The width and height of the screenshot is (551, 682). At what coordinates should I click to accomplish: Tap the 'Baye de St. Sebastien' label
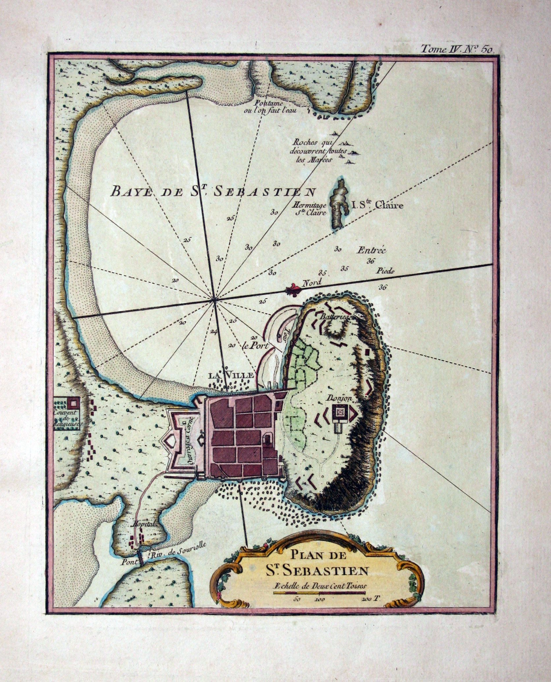[213, 191]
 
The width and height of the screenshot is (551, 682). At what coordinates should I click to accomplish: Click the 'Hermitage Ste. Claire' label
[309, 208]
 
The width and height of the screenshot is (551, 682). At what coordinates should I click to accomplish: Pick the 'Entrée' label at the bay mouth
[371, 250]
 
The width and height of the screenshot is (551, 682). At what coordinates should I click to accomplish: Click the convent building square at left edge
[73, 402]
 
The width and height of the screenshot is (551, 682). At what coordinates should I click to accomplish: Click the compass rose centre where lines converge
[215, 299]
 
